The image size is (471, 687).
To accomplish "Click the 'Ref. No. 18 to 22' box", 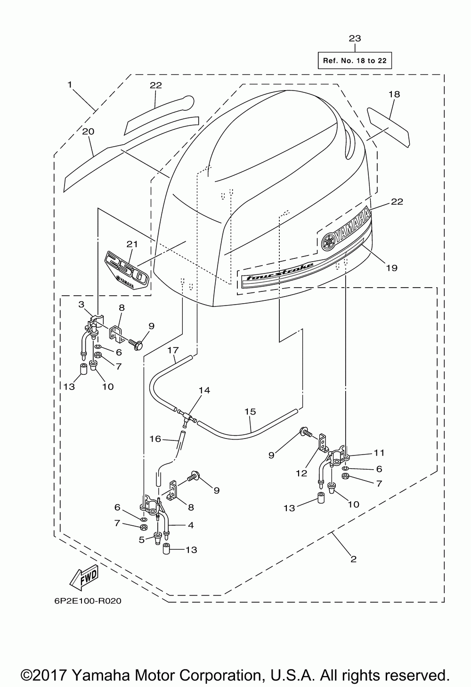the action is pos(355,60).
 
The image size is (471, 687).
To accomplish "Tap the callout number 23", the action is pos(355,39).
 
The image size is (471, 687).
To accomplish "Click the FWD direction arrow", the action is pos(84,578).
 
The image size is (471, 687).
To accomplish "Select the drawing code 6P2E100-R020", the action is pos(88,601).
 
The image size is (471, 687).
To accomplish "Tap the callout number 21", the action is pos(132,244).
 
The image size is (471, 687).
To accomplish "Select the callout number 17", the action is pos(173,350).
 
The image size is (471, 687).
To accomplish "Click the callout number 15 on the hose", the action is pos(250,412).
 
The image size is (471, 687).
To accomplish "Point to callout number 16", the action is pos(155,439).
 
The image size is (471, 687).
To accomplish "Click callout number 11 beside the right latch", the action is pos(379,453).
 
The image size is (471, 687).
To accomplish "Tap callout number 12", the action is pos(301,473).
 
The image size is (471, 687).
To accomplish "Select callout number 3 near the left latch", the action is pos(81,305).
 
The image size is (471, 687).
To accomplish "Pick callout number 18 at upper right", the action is pos(394,94).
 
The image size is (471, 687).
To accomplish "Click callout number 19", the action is pos(391,268).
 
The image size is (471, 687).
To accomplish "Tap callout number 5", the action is pos(142,540).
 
